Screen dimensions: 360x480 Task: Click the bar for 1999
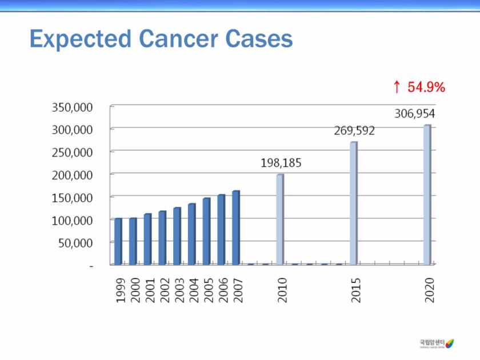click(x=118, y=242)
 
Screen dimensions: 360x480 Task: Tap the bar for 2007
click(x=236, y=228)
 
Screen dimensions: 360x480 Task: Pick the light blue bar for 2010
click(x=280, y=219)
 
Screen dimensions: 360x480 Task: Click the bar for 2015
click(x=354, y=203)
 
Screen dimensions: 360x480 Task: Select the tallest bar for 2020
click(x=427, y=195)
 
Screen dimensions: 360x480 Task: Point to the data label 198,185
click(x=281, y=163)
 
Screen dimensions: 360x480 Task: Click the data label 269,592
click(x=354, y=131)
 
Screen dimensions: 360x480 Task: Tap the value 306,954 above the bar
click(x=415, y=114)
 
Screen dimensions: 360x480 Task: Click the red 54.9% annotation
click(x=426, y=87)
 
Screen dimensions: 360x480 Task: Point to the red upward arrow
click(x=397, y=87)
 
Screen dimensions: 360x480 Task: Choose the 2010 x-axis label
click(x=282, y=290)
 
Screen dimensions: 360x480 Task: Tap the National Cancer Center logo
click(x=437, y=343)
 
